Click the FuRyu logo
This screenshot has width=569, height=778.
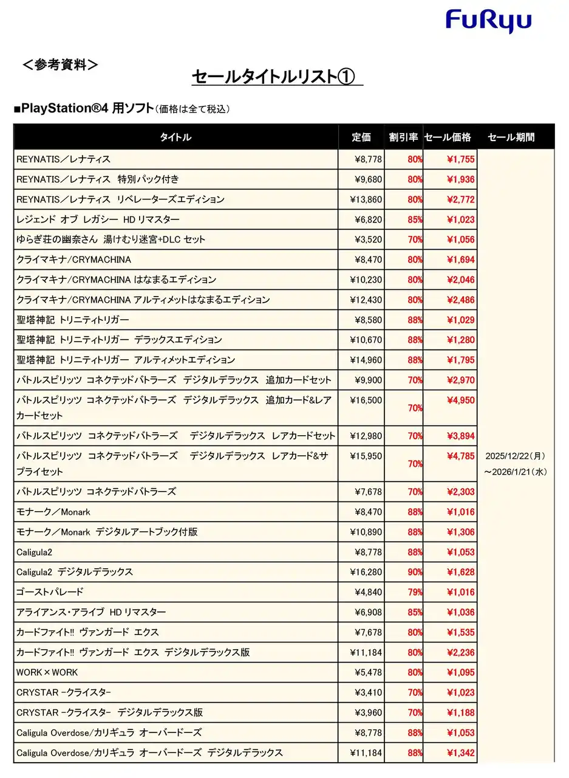(x=488, y=22)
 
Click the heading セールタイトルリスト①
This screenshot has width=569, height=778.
(x=276, y=77)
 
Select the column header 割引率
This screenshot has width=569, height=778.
(x=403, y=137)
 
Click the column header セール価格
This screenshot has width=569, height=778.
(x=448, y=137)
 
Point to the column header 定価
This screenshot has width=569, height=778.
(x=361, y=137)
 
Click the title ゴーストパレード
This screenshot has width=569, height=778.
(x=50, y=592)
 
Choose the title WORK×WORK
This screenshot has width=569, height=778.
(x=47, y=672)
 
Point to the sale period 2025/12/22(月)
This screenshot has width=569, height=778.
(x=516, y=456)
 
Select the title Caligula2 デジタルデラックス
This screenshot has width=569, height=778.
(x=75, y=572)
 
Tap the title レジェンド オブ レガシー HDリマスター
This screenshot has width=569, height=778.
(x=98, y=219)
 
